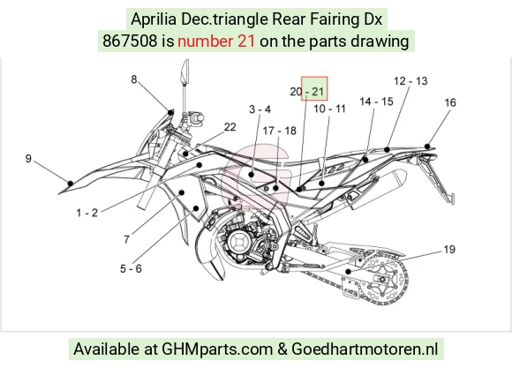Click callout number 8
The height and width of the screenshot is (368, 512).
(134, 79)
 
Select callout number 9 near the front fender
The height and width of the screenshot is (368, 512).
(28, 158)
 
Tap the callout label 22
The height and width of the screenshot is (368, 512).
(230, 127)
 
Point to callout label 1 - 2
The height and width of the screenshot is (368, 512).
(87, 213)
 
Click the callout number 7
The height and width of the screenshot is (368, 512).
(127, 239)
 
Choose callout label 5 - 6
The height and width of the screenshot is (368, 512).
(131, 269)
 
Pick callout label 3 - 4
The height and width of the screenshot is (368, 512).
(260, 109)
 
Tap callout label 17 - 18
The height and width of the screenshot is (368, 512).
(280, 131)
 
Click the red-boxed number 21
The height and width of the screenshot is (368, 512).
(318, 92)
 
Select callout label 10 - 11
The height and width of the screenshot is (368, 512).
(329, 109)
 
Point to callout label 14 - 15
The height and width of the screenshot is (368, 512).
(376, 101)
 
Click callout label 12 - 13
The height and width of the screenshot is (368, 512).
(410, 81)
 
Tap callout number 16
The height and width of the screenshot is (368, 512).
(450, 102)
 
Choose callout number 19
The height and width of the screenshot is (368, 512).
(449, 250)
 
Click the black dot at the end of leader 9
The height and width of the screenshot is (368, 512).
(71, 184)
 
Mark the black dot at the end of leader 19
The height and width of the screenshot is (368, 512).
(349, 271)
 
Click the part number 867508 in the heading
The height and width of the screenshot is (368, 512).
(130, 41)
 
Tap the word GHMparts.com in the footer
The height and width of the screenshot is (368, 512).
(217, 349)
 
